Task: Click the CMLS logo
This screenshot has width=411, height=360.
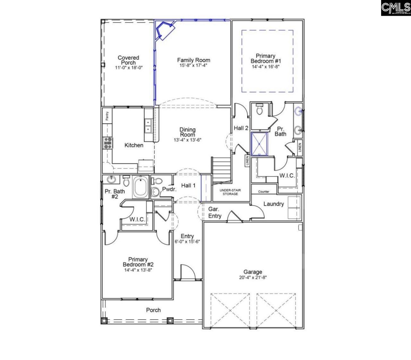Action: coord(396,8)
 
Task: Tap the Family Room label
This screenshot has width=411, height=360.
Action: coord(194,60)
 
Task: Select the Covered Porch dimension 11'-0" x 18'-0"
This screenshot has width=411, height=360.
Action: coord(128,68)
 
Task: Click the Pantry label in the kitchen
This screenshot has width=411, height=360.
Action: coord(107,116)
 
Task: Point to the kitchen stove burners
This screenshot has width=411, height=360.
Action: coord(108,143)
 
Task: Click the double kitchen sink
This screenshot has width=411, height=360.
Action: coord(148,126)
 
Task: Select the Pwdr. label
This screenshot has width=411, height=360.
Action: coord(169,189)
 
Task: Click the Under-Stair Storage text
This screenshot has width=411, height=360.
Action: coord(231,192)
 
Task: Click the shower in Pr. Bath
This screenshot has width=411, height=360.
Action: coord(259,143)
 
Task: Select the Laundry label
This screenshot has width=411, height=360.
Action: coord(274,204)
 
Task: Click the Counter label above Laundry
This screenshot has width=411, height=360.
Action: coord(264,192)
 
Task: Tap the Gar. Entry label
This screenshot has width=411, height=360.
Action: coord(214,212)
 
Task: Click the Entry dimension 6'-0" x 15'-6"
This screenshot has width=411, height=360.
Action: coord(187,241)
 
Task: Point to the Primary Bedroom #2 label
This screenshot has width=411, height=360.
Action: coord(138,262)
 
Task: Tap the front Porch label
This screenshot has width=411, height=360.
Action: coord(153,310)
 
